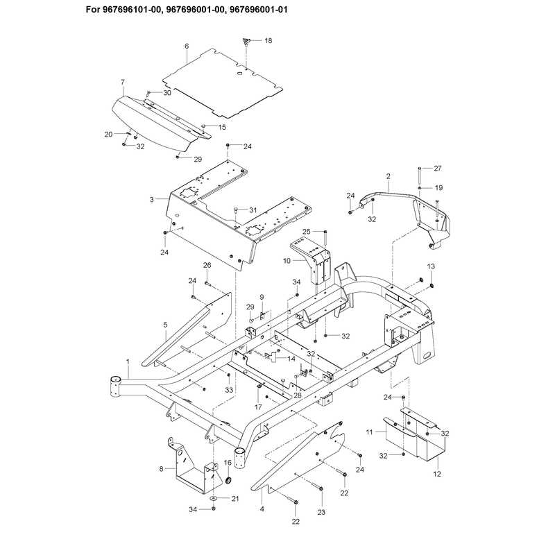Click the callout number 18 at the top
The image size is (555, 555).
click(268, 41)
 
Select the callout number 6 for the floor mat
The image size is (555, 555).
click(187, 46)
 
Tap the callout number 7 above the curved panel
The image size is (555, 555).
click(123, 82)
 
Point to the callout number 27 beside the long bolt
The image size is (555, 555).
click(438, 169)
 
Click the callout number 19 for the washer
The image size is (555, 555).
click(438, 188)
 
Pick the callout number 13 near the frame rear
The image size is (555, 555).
click(431, 266)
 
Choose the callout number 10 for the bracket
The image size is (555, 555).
click(287, 261)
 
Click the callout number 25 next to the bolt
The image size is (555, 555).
click(307, 232)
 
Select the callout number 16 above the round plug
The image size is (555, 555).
click(228, 463)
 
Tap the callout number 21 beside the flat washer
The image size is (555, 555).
click(235, 499)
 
